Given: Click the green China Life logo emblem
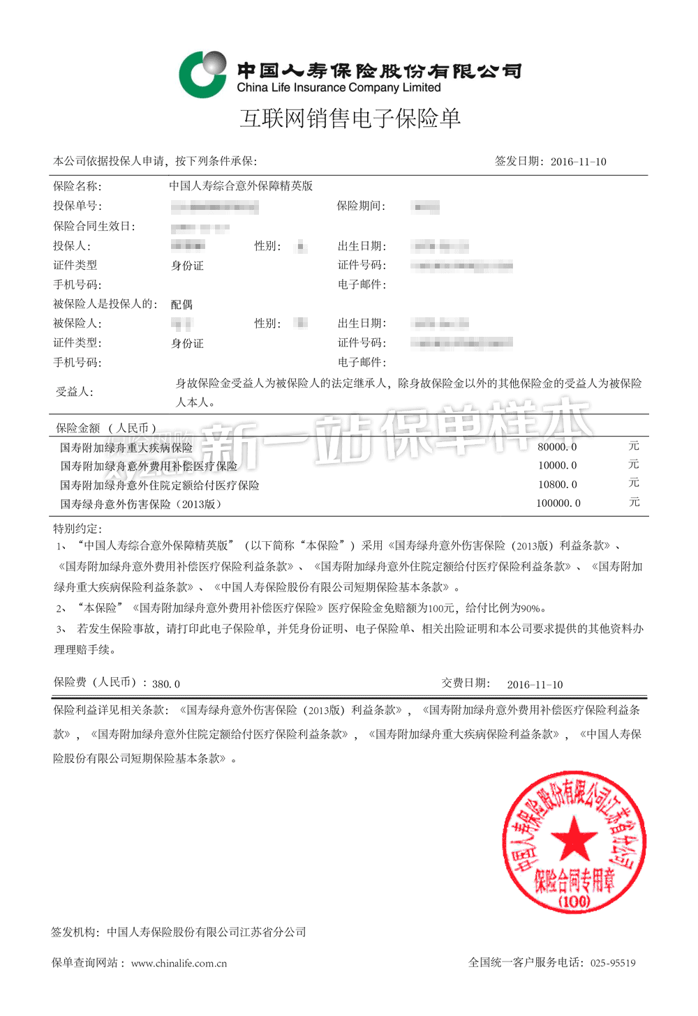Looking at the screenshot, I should pyautogui.click(x=202, y=74).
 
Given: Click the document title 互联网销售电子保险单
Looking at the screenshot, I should pyautogui.click(x=350, y=119).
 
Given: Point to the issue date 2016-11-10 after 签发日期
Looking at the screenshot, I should pyautogui.click(x=578, y=162).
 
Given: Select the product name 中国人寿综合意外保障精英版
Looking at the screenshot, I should pyautogui.click(x=241, y=186).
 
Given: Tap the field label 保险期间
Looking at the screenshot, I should pyautogui.click(x=360, y=206).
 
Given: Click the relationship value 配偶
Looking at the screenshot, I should pyautogui.click(x=181, y=305).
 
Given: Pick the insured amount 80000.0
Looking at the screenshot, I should pyautogui.click(x=557, y=447).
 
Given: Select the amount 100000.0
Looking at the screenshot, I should pyautogui.click(x=558, y=503).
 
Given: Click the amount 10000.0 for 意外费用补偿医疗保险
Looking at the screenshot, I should pyautogui.click(x=557, y=466).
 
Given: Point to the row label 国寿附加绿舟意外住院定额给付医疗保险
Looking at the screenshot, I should pyautogui.click(x=159, y=485).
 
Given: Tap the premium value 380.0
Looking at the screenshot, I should pyautogui.click(x=166, y=684).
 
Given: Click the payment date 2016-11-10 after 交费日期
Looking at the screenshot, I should pyautogui.click(x=535, y=685).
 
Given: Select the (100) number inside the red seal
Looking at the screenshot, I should pyautogui.click(x=574, y=901).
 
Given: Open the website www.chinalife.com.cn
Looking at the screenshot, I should pyautogui.click(x=179, y=964).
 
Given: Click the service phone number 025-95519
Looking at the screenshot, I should pyautogui.click(x=613, y=963).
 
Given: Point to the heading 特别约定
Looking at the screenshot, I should pyautogui.click(x=77, y=529).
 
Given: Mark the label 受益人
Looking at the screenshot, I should pyautogui.click(x=74, y=392).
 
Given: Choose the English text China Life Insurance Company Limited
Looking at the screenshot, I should pyautogui.click(x=339, y=88).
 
